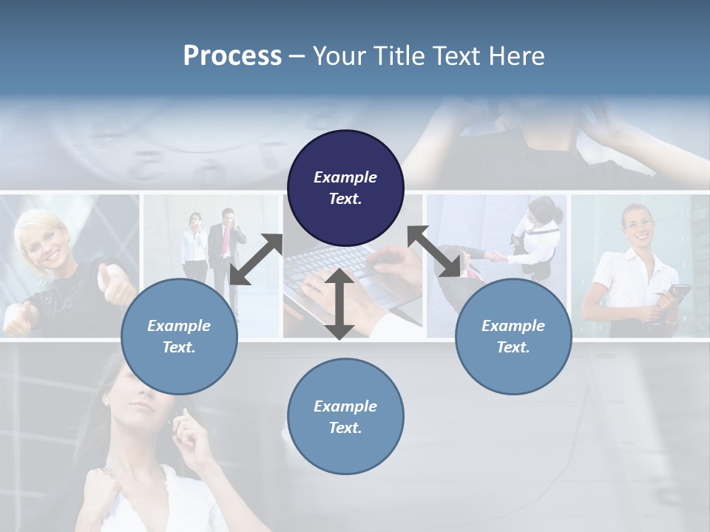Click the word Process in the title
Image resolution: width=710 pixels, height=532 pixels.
click(232, 55)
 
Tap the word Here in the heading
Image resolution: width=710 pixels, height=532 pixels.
click(517, 55)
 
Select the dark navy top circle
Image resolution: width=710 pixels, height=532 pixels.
click(345, 188)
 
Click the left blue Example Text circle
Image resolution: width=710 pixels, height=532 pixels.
click(179, 336)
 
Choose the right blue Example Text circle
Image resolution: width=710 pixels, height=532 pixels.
click(513, 336)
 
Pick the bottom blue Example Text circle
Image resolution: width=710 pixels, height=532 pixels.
click(345, 416)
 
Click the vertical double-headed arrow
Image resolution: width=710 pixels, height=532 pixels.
click(339, 304)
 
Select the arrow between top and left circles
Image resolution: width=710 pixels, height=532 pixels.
click(256, 259)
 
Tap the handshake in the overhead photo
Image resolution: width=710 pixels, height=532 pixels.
click(493, 256)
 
